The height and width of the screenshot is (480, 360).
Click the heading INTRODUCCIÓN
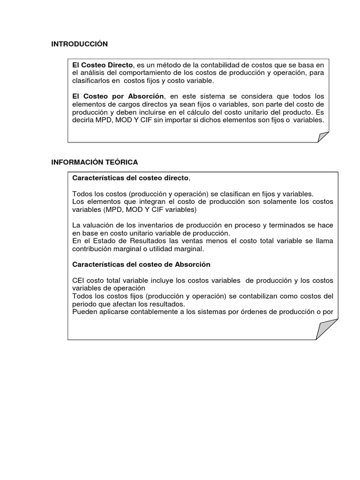point(79,44)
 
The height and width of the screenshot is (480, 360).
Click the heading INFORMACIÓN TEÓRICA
point(95,162)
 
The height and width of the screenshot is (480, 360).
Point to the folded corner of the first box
point(323,136)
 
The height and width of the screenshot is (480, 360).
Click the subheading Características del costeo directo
point(130,178)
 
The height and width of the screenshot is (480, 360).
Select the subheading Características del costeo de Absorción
point(141,264)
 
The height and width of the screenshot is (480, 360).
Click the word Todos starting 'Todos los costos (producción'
point(82,194)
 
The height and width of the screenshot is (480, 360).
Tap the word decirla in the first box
point(82,120)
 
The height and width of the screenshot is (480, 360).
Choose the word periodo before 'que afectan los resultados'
point(85,304)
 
